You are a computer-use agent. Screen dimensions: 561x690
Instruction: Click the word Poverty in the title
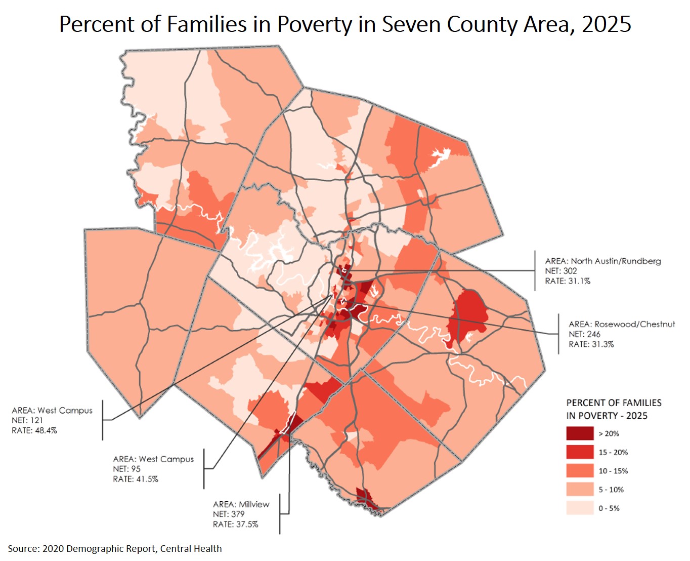click(314, 24)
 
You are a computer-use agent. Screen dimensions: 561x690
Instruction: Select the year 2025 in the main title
click(606, 24)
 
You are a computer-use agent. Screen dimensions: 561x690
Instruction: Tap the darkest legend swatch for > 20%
click(580, 433)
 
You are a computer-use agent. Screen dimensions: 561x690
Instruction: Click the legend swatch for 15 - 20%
click(580, 452)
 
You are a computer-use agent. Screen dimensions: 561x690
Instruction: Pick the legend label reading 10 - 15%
click(613, 471)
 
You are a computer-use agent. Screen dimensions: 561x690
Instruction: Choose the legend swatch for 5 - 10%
click(580, 490)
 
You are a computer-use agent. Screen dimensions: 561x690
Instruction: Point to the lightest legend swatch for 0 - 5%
click(580, 508)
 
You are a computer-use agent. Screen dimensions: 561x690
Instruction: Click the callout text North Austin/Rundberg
click(616, 261)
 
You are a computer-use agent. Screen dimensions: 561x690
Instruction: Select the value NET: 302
click(560, 271)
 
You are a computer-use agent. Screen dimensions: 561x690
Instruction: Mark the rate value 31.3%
click(602, 344)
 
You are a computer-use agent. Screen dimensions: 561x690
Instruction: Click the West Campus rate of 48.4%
click(46, 430)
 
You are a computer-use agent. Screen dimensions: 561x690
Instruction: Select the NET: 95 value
click(126, 469)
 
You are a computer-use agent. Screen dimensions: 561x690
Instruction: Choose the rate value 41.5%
click(147, 479)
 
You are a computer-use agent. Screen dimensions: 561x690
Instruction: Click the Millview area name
click(254, 504)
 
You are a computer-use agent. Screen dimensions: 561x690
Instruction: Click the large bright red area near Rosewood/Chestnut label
click(469, 314)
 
